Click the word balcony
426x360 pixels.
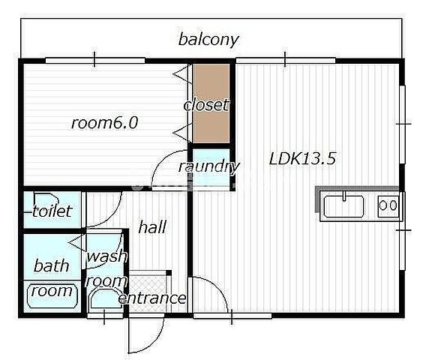click(x=208, y=40)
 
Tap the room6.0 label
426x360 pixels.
click(x=104, y=123)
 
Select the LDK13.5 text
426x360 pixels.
click(x=303, y=159)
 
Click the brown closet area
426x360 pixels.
click(x=211, y=103)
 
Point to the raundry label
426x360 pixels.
click(x=208, y=166)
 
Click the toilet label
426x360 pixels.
click(x=52, y=211)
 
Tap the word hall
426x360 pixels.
click(x=152, y=226)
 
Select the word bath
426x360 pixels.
click(x=51, y=265)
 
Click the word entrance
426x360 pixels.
click(x=152, y=298)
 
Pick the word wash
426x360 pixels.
click(x=106, y=256)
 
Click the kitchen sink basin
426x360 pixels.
click(x=343, y=206)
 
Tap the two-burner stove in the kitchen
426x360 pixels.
click(x=388, y=206)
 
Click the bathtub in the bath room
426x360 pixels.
click(x=52, y=295)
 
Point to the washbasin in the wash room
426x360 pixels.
click(x=106, y=298)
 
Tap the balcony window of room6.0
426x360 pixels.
click(x=94, y=60)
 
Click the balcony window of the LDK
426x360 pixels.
click(x=286, y=60)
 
